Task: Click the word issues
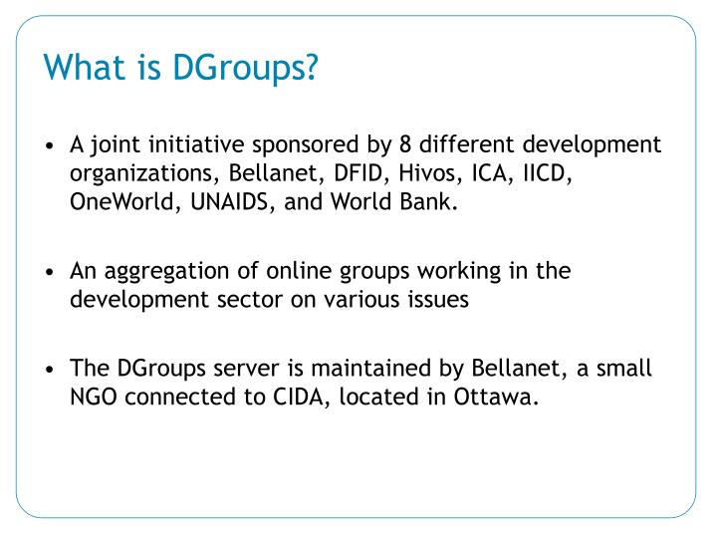[x=435, y=300]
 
